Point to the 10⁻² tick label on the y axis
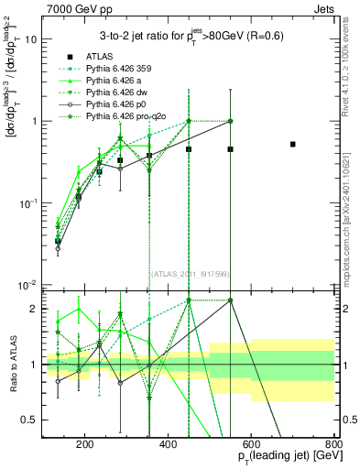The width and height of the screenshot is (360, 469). (30, 283)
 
